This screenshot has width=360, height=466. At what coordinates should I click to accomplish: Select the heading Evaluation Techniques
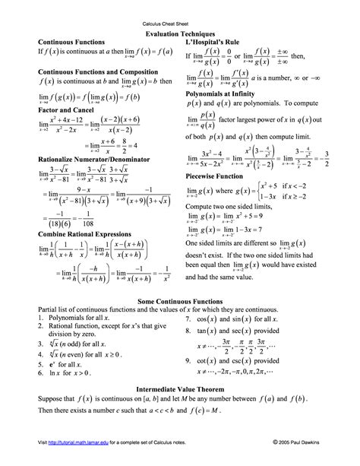[180, 34]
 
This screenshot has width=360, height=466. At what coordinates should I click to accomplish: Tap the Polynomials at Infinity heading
[226, 94]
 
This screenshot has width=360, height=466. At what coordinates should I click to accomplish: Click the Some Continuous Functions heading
[180, 302]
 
